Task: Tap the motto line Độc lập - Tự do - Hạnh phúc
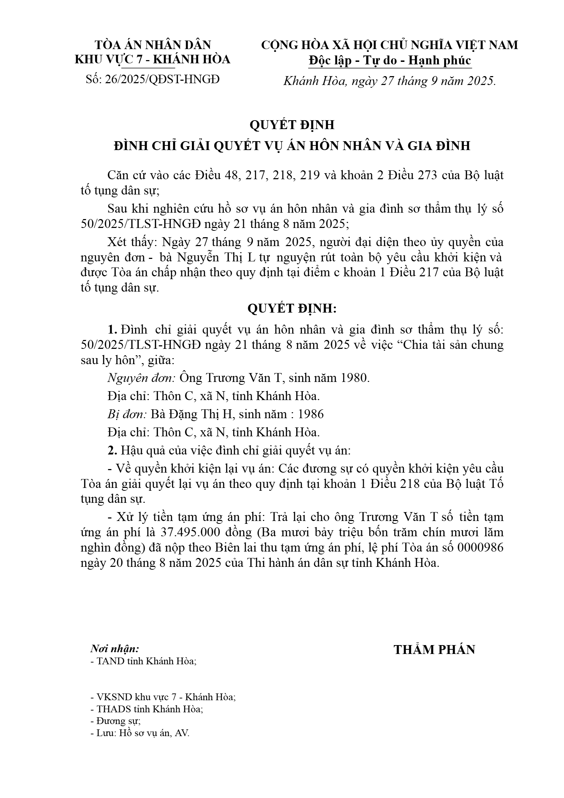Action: [x=390, y=60]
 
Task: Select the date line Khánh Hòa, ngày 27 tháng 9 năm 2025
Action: [x=389, y=81]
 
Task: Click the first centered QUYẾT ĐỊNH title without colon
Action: [x=292, y=125]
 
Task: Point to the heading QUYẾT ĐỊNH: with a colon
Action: [x=292, y=308]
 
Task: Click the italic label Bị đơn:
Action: [x=127, y=414]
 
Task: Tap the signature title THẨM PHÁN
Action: [x=434, y=650]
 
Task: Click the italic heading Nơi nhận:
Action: [x=115, y=649]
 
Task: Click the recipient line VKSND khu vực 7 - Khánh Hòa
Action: [x=163, y=697]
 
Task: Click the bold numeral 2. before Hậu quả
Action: [x=113, y=451]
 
